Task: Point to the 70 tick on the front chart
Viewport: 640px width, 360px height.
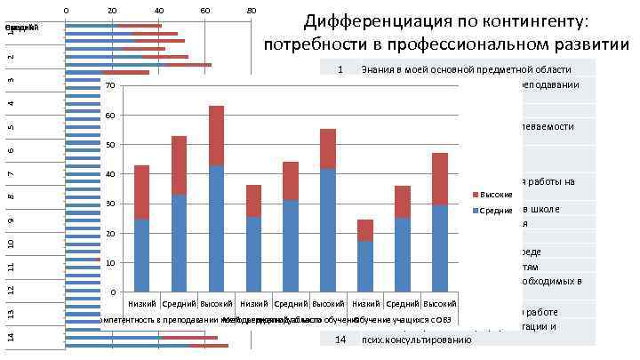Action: (108, 85)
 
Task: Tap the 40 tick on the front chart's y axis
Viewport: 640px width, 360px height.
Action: (108, 174)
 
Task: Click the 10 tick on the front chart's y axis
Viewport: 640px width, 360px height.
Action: (108, 263)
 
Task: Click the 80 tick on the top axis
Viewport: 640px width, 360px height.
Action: (251, 11)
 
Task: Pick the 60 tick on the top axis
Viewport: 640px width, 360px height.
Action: (205, 11)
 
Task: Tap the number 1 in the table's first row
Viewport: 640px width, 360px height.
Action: (340, 69)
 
